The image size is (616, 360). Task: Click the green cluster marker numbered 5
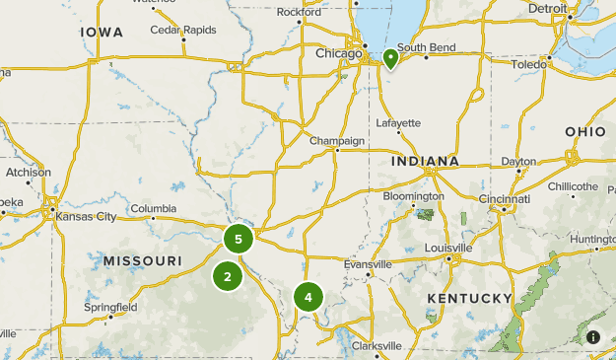pyautogui.click(x=239, y=239)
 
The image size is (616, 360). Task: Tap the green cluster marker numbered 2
pyautogui.click(x=228, y=276)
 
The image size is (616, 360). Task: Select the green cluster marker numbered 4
pyautogui.click(x=308, y=296)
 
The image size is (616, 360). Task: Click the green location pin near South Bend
pyautogui.click(x=390, y=58)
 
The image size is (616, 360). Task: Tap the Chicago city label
pyautogui.click(x=338, y=54)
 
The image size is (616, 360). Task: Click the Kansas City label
pyautogui.click(x=86, y=216)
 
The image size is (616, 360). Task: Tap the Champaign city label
pyautogui.click(x=337, y=141)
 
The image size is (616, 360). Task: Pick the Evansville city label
pyautogui.click(x=368, y=264)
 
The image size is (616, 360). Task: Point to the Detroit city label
pyautogui.click(x=547, y=9)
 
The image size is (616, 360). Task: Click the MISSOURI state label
pyautogui.click(x=142, y=260)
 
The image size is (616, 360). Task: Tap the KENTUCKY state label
pyautogui.click(x=469, y=299)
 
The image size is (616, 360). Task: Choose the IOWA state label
pyautogui.click(x=102, y=33)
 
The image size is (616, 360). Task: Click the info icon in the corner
pyautogui.click(x=593, y=337)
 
